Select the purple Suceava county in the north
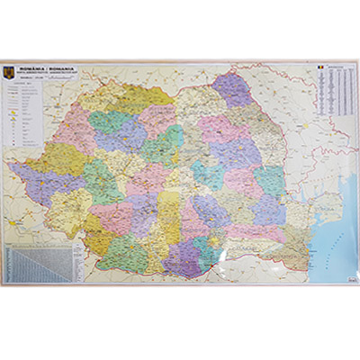[231, 90]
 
